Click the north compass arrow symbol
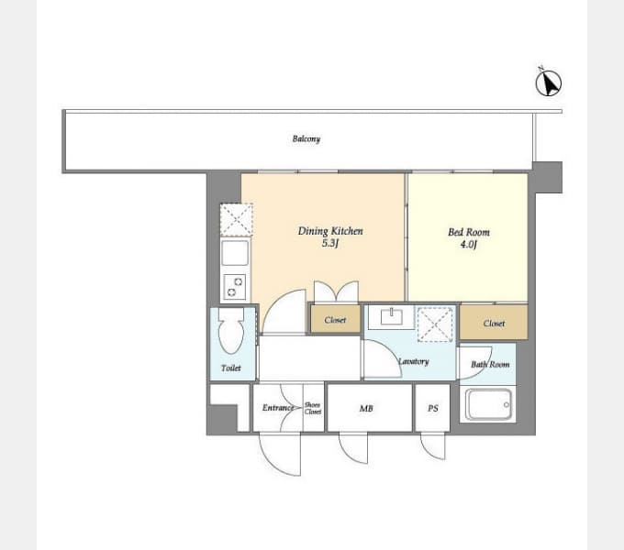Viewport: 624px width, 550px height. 549,82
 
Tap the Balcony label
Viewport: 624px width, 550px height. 306,139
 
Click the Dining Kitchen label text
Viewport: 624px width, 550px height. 330,231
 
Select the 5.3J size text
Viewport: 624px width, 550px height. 330,243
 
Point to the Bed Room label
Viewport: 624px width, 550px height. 469,232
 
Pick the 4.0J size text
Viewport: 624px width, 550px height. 469,245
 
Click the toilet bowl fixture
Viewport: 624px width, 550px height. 231,331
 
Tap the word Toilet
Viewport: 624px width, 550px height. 231,368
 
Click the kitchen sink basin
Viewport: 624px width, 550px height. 235,253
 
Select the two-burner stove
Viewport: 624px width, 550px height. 235,287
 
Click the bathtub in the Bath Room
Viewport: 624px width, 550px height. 488,404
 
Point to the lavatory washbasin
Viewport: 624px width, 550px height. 392,317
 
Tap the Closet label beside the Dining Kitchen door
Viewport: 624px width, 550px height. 335,320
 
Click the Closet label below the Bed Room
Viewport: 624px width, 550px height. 494,324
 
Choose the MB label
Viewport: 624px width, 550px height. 366,408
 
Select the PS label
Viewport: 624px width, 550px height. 433,408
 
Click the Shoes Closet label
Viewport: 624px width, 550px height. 313,408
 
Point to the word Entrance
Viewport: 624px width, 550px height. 278,408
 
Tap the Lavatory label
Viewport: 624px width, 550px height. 414,362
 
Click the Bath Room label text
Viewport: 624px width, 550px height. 490,365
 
